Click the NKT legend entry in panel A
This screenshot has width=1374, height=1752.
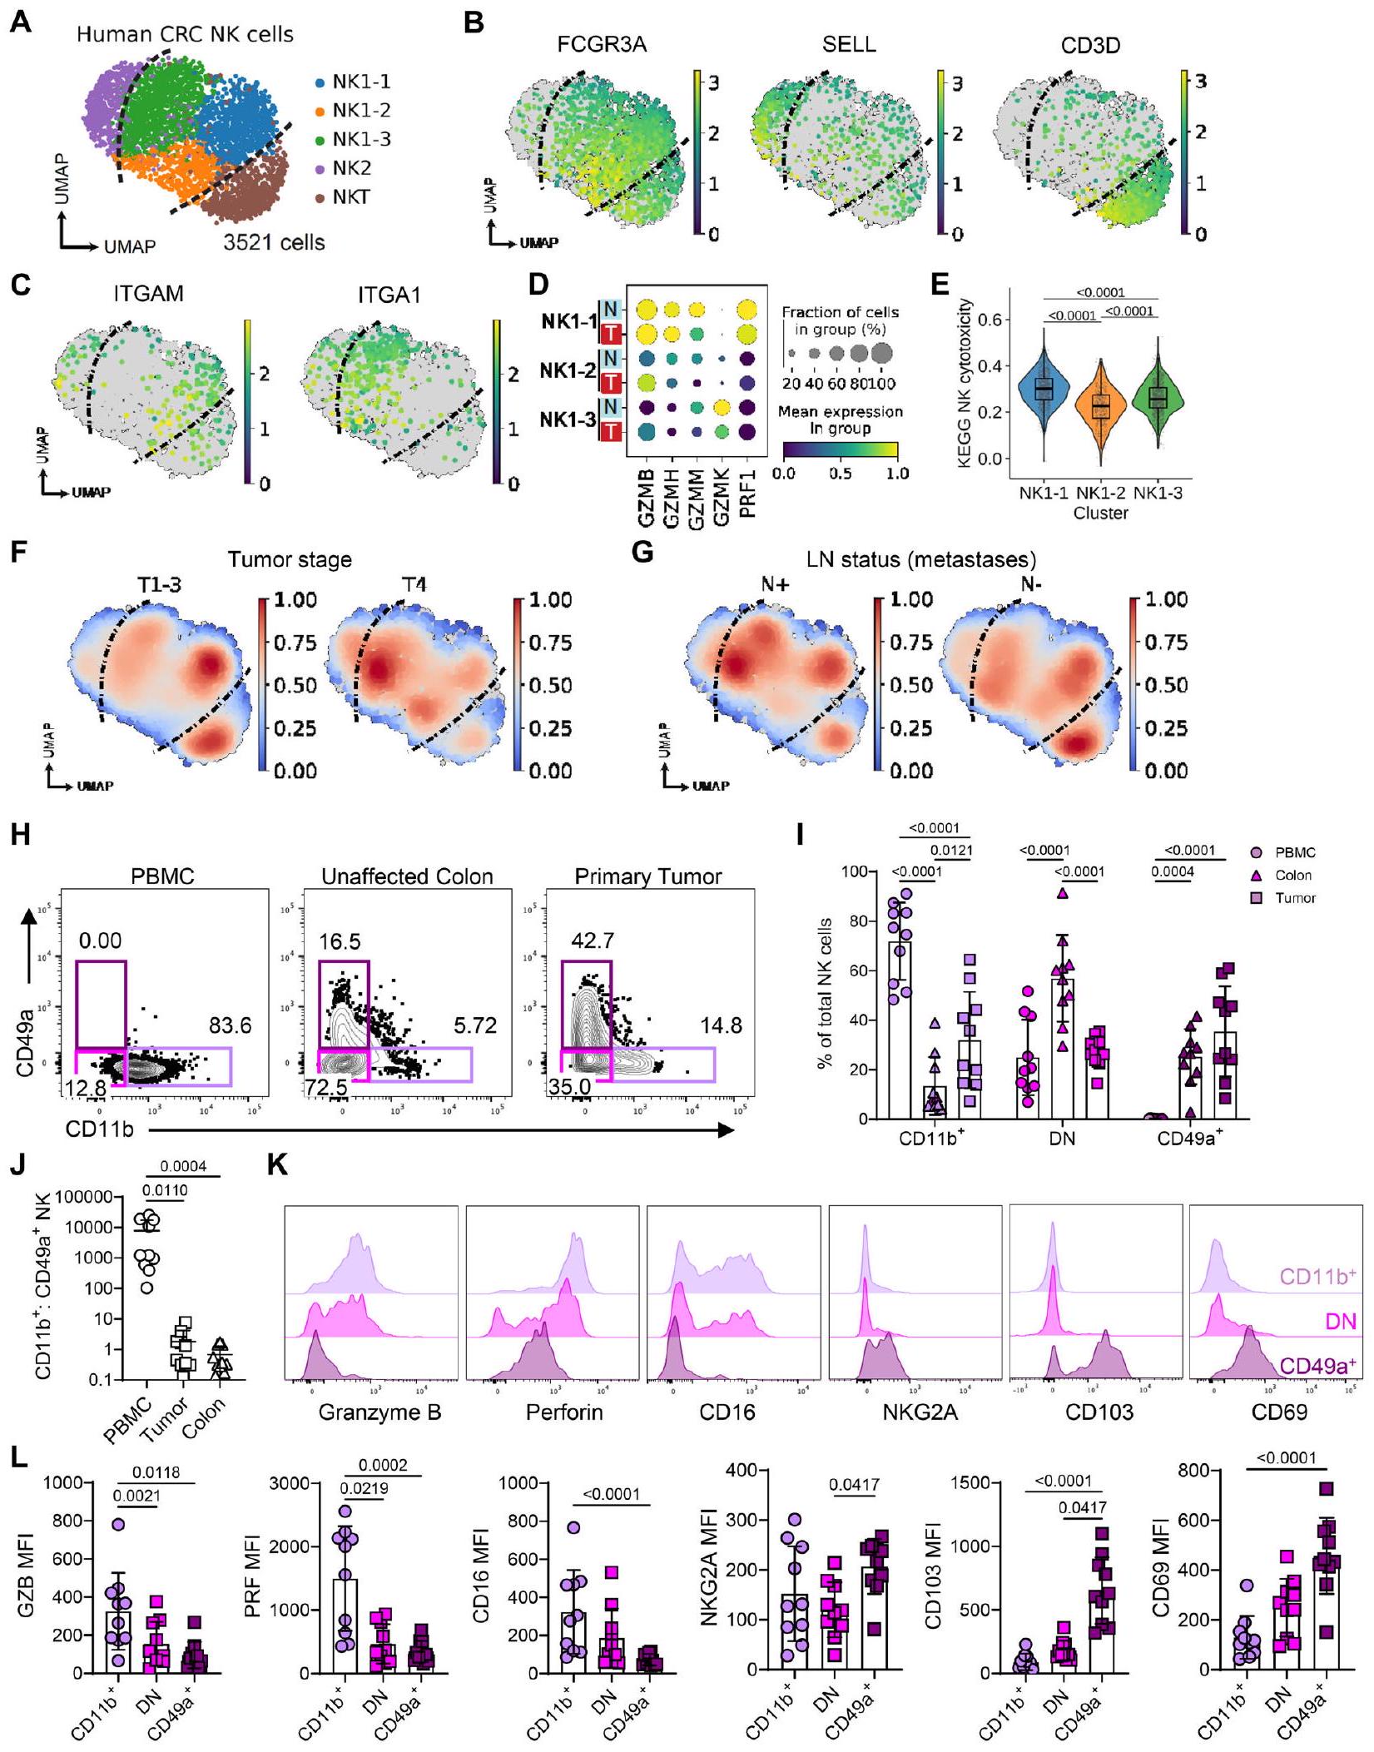tap(350, 197)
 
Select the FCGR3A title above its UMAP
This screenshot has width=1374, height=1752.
tap(602, 44)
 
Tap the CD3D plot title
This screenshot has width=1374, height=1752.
tap(1090, 44)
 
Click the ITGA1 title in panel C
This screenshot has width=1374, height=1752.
tap(389, 295)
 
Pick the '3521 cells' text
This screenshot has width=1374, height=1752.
tap(274, 243)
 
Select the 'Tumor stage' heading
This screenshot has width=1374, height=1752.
tap(289, 559)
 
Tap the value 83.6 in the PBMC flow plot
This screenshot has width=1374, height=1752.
tap(230, 1025)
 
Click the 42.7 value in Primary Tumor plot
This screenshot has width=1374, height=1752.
tap(593, 941)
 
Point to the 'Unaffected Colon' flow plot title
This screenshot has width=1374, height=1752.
tap(407, 876)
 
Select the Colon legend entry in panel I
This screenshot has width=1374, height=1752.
tap(1292, 875)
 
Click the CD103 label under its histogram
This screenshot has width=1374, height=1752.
tap(1099, 1412)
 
